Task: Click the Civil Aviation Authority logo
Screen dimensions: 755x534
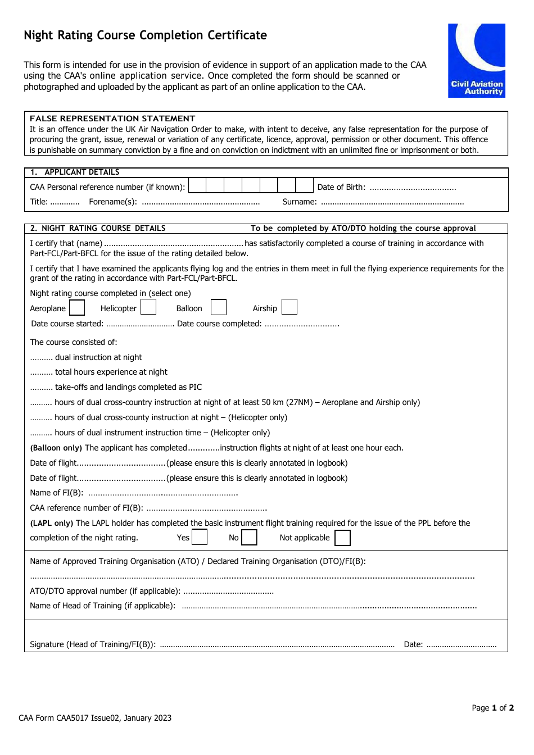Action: click(476, 60)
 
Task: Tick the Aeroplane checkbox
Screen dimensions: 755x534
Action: click(77, 308)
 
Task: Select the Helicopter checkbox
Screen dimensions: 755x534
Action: click(148, 307)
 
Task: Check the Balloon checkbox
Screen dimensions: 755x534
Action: click(219, 307)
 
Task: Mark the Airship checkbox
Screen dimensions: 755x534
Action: click(289, 307)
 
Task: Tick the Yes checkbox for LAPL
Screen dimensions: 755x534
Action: click(200, 538)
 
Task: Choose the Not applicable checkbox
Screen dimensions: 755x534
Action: click(342, 538)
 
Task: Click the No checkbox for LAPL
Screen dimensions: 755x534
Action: click(249, 538)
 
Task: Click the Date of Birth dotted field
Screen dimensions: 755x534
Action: click(413, 188)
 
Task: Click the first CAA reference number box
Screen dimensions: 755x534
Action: click(197, 186)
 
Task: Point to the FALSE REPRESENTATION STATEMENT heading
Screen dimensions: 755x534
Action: click(112, 119)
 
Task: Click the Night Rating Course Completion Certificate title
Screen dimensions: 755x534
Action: click(145, 35)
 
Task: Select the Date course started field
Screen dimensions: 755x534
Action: click(140, 324)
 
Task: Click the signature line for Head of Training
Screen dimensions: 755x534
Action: click(277, 645)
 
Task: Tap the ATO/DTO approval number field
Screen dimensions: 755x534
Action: click(228, 592)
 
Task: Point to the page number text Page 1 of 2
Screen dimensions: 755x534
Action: click(492, 708)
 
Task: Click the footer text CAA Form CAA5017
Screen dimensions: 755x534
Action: click(94, 718)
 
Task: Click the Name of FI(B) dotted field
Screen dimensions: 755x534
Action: click(163, 493)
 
